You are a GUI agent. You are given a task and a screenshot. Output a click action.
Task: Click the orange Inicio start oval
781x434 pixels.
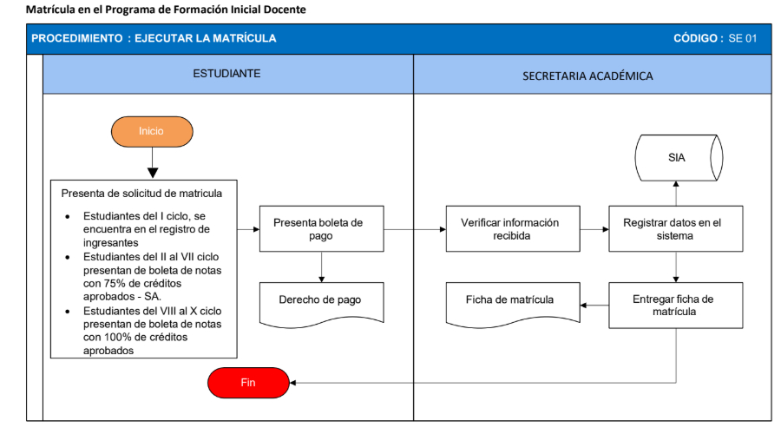[x=152, y=132]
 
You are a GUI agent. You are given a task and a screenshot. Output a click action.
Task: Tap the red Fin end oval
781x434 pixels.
[x=248, y=383]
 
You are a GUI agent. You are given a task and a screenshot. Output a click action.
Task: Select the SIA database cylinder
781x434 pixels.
[x=679, y=158]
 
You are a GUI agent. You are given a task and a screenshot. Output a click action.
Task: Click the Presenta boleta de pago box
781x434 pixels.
[x=321, y=228]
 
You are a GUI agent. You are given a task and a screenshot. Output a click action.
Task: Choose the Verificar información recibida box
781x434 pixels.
[x=513, y=228]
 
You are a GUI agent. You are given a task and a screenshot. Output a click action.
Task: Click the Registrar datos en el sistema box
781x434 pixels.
[x=676, y=228]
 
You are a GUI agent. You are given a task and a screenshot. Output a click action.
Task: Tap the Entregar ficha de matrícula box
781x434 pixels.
[x=676, y=306]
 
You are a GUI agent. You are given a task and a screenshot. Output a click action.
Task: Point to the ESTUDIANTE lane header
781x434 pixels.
[x=228, y=74]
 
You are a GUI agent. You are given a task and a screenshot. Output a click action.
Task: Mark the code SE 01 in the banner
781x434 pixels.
[x=743, y=38]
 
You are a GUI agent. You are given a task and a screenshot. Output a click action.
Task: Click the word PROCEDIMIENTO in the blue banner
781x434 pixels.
[x=76, y=38]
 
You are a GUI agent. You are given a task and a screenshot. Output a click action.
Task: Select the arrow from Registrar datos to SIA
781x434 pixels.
[x=676, y=194]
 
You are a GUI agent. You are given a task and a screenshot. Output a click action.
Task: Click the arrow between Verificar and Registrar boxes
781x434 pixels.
[x=594, y=230]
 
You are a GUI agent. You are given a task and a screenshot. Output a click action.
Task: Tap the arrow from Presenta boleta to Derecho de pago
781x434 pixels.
[x=321, y=267]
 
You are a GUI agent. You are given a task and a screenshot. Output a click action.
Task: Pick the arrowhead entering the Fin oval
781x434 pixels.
[x=293, y=383]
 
